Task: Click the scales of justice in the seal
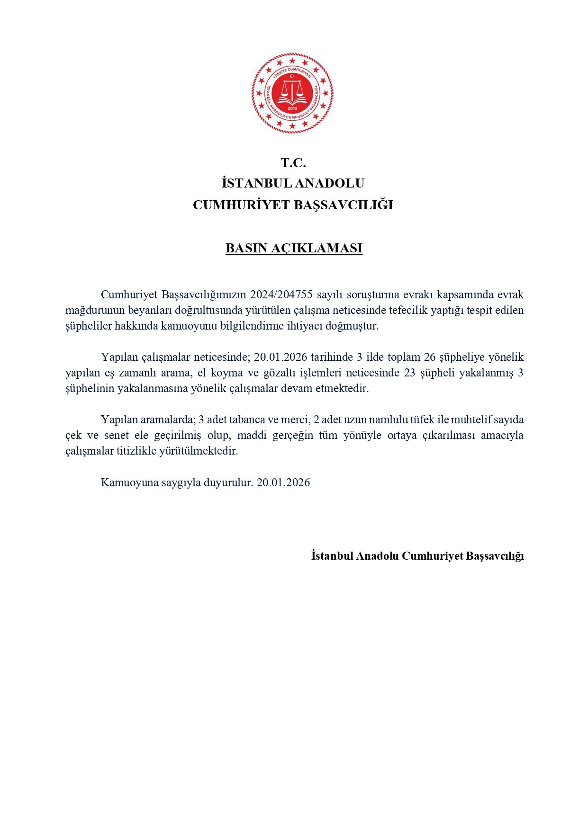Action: coord(292,89)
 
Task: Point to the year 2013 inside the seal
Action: coord(292,108)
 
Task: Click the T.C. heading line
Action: coord(293,163)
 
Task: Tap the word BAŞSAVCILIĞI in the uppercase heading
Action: coord(344,205)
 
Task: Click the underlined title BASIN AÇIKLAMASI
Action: coord(294,248)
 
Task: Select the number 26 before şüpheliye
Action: coord(430,357)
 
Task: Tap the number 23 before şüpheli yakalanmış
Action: coord(410,373)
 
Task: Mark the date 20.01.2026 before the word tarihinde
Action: coord(280,357)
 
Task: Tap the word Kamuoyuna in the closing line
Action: coord(129,483)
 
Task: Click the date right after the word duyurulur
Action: coord(283,483)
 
